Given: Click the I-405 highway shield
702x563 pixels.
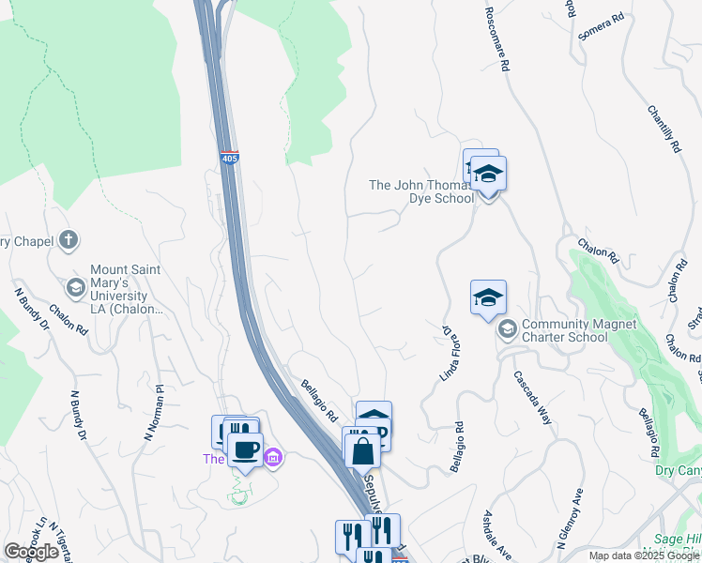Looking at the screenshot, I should coord(229,159).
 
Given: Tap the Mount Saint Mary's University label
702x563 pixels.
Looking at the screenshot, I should coord(125,289).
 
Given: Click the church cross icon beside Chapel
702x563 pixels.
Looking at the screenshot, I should coord(68,241).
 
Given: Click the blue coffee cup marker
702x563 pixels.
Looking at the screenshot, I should coord(246,448).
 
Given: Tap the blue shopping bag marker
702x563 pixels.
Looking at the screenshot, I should coord(362,450).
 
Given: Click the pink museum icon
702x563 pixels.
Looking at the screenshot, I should coord(273,459).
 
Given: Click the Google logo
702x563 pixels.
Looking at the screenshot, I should coord(31,552).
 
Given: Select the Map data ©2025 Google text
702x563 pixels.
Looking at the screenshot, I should coord(643,555).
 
